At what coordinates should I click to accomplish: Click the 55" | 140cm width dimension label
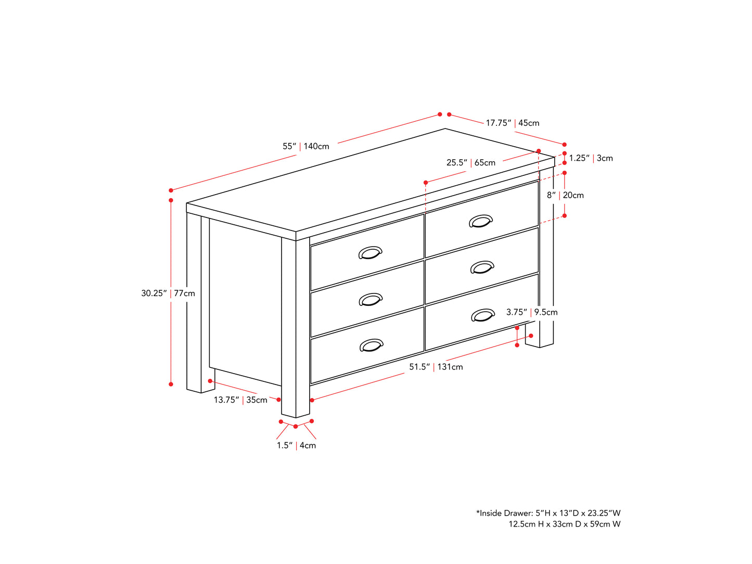pyautogui.click(x=305, y=146)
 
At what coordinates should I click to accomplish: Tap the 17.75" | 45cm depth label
pyautogui.click(x=513, y=123)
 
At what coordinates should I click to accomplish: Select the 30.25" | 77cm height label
pyautogui.click(x=168, y=293)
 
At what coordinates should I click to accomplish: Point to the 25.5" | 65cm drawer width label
pyautogui.click(x=471, y=163)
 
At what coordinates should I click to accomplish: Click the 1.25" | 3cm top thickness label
pyautogui.click(x=591, y=158)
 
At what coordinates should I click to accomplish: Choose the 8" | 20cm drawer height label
pyautogui.click(x=565, y=195)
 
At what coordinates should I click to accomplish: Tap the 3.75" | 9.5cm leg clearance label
pyautogui.click(x=532, y=312)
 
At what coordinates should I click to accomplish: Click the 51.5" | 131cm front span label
pyautogui.click(x=436, y=367)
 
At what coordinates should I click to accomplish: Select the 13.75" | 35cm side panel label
pyautogui.click(x=240, y=400)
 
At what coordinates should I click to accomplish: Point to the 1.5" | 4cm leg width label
pyautogui.click(x=296, y=445)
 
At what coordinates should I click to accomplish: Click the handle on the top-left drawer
pyautogui.click(x=371, y=253)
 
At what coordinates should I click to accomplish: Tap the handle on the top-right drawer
pyautogui.click(x=481, y=221)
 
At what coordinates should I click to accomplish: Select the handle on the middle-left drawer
pyautogui.click(x=371, y=300)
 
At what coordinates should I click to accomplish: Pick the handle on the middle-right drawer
pyautogui.click(x=482, y=267)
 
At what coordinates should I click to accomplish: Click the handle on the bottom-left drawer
pyautogui.click(x=372, y=345)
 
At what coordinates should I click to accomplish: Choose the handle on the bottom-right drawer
pyautogui.click(x=483, y=315)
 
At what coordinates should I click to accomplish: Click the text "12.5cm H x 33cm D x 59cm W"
pyautogui.click(x=565, y=524)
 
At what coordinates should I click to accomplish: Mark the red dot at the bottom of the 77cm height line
pyautogui.click(x=171, y=384)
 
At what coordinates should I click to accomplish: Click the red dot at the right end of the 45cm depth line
pyautogui.click(x=565, y=145)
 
